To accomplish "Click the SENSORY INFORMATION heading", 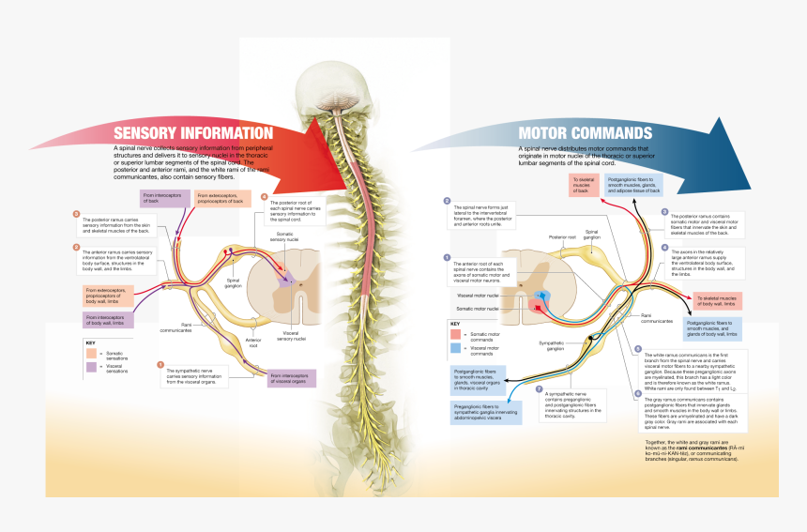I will click(x=192, y=133).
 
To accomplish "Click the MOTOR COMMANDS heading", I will click(x=585, y=133).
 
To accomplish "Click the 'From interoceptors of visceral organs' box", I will click(x=292, y=377).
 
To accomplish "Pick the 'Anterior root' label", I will click(x=253, y=342).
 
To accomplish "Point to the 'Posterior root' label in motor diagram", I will click(x=562, y=237).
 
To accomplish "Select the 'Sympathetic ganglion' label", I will click(x=553, y=343).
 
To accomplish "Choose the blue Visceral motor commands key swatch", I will click(x=456, y=347).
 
